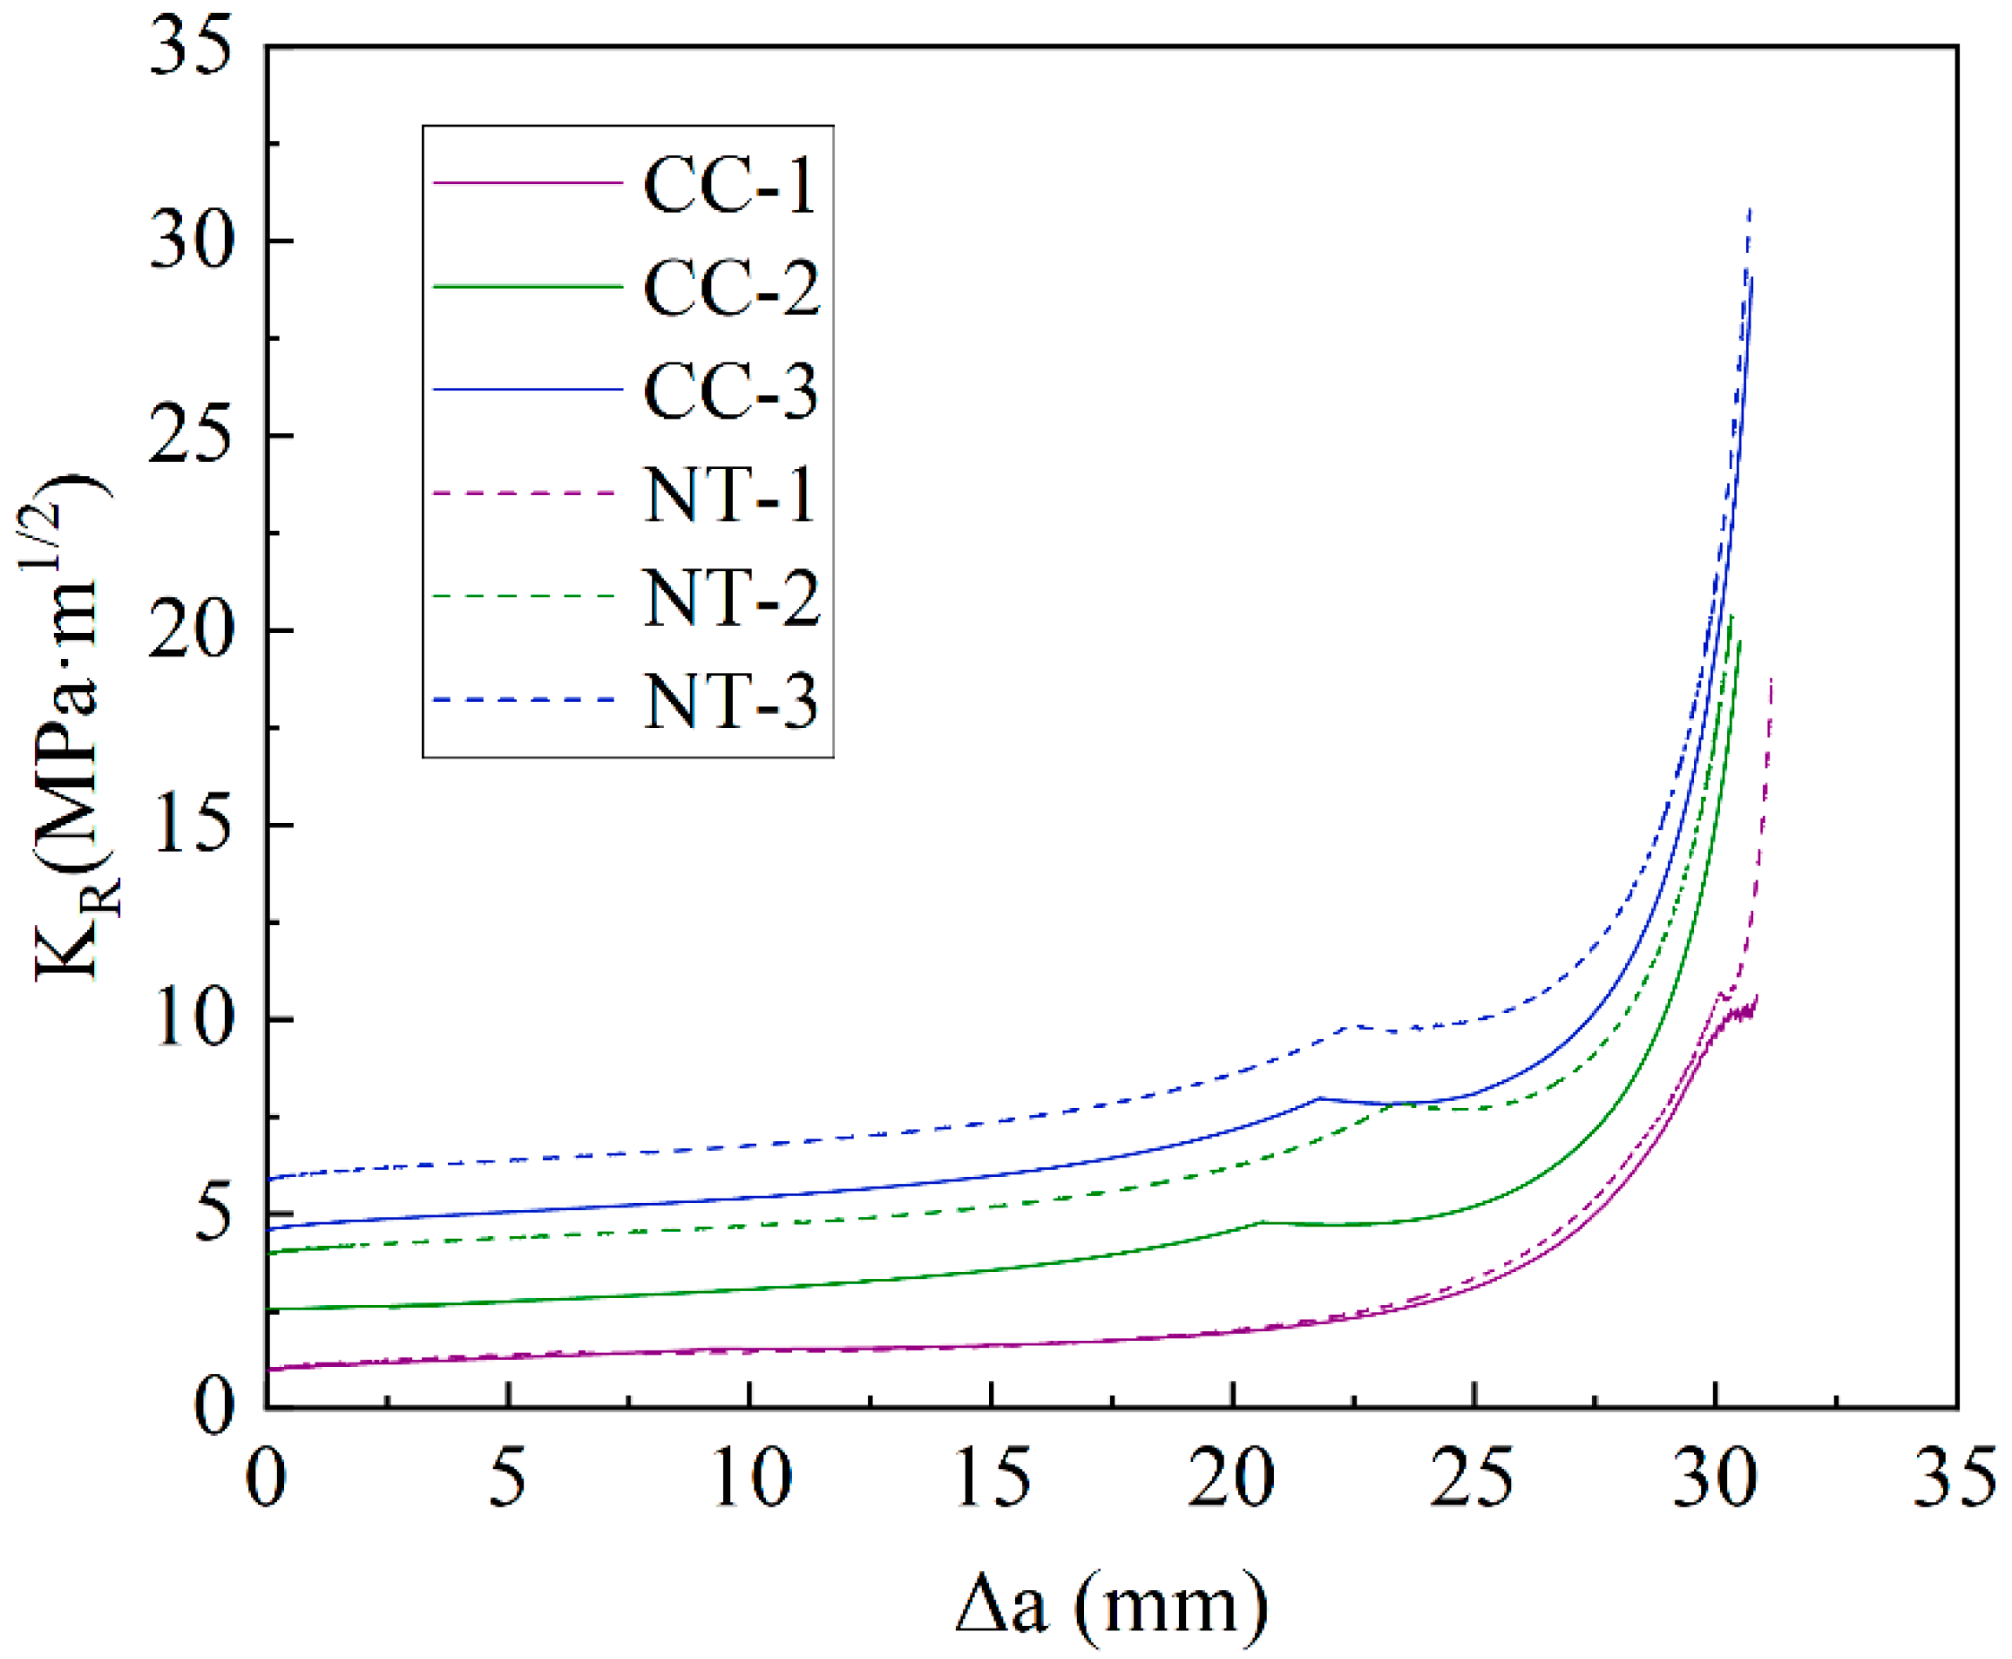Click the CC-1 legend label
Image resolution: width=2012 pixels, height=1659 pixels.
point(730,185)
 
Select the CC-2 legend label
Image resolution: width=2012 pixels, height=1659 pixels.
point(732,288)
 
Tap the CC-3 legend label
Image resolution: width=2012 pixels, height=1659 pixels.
point(731,391)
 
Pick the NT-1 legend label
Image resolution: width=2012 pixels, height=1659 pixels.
point(730,494)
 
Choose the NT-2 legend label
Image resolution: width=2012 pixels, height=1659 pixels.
point(732,598)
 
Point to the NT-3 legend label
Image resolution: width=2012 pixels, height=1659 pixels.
point(731,702)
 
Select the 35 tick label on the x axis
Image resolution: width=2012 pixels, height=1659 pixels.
point(1954,1478)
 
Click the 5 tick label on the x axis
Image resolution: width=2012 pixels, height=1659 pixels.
point(507,1478)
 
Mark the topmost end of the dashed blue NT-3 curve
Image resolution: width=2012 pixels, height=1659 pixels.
point(1749,208)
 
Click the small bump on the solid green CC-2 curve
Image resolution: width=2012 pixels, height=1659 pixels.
point(1262,1221)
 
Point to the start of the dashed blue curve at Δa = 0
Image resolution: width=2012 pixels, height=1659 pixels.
point(269,1179)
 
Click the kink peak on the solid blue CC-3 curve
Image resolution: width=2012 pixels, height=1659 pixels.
point(1319,1098)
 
